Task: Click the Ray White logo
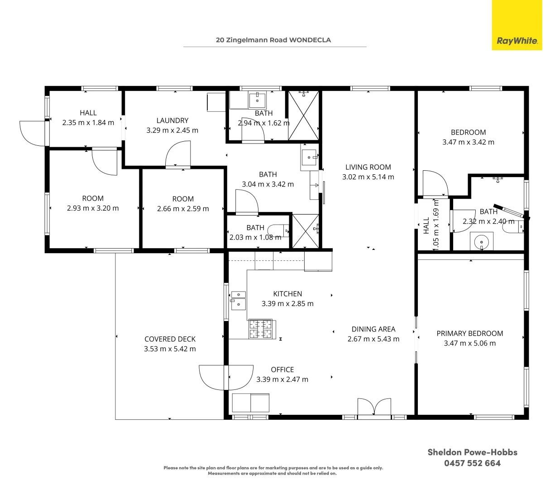(x=517, y=40)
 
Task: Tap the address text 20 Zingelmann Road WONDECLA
(x=273, y=40)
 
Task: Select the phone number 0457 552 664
(x=472, y=463)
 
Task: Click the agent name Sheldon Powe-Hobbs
(x=472, y=452)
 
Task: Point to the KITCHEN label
(x=287, y=294)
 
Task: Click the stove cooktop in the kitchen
(x=262, y=329)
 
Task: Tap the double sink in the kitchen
(x=238, y=300)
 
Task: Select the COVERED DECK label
(x=170, y=339)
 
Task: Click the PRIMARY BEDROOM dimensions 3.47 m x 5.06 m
(x=469, y=343)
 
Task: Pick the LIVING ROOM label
(x=368, y=167)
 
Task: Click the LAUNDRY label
(x=172, y=120)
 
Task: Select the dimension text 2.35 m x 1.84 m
(x=88, y=122)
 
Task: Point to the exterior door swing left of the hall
(x=32, y=133)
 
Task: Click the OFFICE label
(x=282, y=369)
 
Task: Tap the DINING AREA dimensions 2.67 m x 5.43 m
(x=373, y=339)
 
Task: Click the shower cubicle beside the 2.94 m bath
(x=303, y=116)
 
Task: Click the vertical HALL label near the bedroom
(x=426, y=226)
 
